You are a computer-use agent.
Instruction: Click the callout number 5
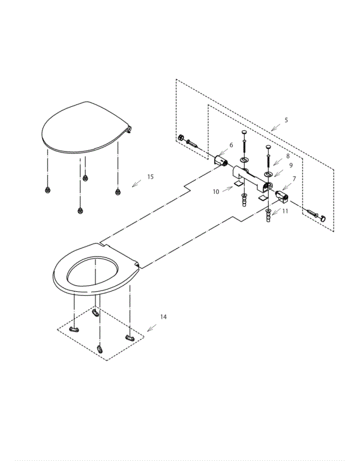tap(286, 120)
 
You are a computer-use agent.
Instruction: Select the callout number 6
tap(230, 145)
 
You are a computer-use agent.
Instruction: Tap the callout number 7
tap(294, 178)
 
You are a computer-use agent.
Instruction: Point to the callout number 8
tap(287, 155)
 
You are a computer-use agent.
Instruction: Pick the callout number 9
tap(290, 165)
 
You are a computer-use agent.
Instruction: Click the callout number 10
tap(215, 191)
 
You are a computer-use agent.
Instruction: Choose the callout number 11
tap(285, 211)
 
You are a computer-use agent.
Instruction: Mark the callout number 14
tap(163, 316)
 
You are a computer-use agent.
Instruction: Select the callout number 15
tap(150, 176)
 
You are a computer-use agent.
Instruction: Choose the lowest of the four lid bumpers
tap(80, 210)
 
